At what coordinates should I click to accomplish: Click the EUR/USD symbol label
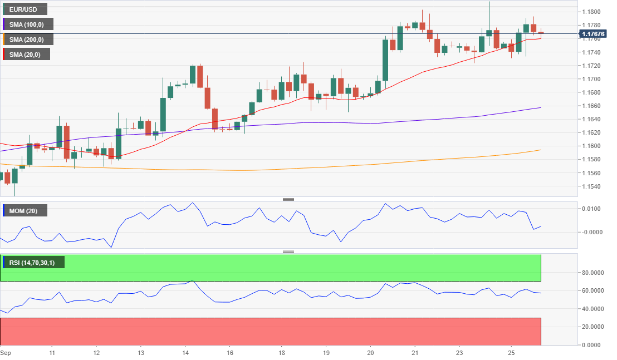(24, 9)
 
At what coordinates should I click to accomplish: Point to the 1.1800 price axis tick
(591, 12)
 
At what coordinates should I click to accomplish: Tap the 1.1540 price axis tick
(591, 186)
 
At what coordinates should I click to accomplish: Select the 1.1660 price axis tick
(591, 106)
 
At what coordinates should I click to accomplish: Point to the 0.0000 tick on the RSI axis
(592, 345)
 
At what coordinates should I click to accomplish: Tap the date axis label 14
(186, 353)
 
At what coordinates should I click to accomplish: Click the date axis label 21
(415, 353)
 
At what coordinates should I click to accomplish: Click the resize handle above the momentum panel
(288, 199)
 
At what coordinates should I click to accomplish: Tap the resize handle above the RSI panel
(288, 251)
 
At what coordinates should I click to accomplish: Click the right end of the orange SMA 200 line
(541, 150)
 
